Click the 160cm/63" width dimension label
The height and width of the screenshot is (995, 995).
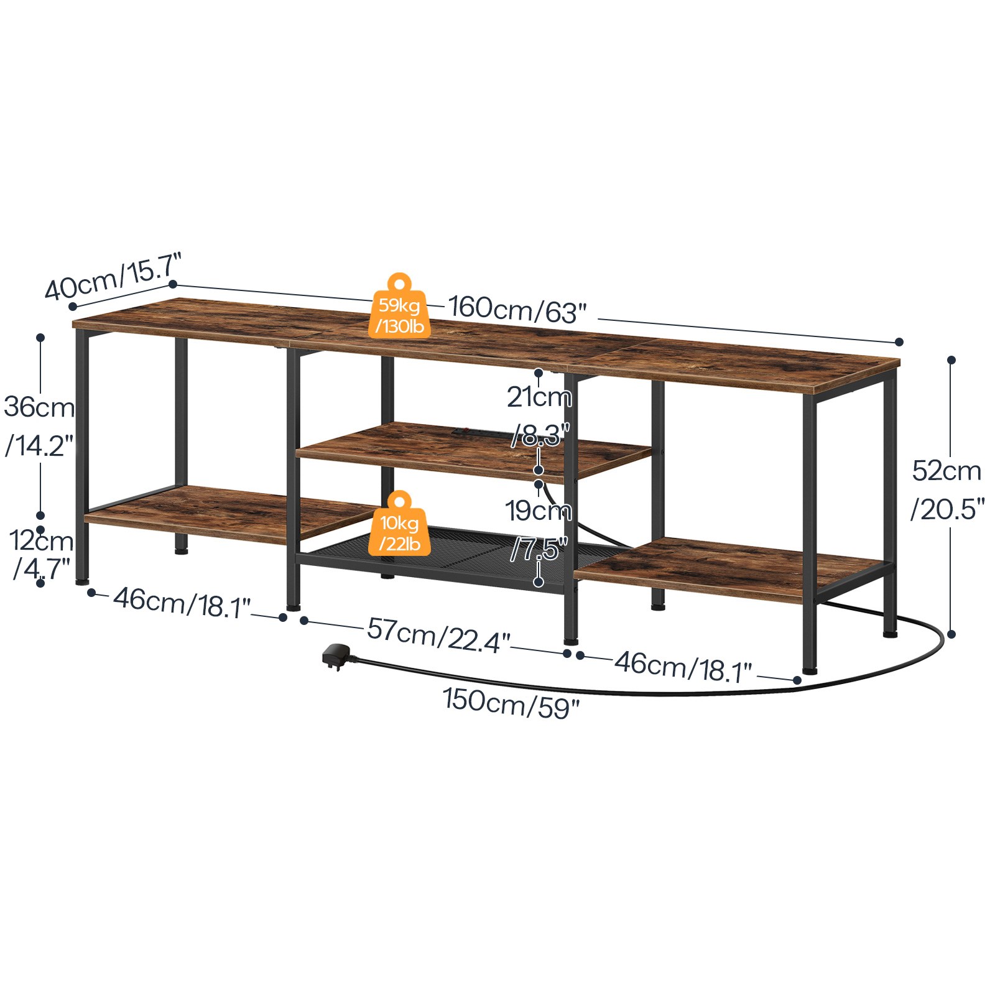pyautogui.click(x=517, y=309)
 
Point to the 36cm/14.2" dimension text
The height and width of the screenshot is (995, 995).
pyautogui.click(x=39, y=426)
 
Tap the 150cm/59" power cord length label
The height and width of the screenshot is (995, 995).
pyautogui.click(x=511, y=703)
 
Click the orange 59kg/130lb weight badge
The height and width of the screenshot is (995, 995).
pyautogui.click(x=399, y=306)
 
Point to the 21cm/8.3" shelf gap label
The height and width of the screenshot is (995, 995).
pyautogui.click(x=539, y=415)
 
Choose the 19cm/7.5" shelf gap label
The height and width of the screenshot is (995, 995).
pyautogui.click(x=539, y=529)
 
